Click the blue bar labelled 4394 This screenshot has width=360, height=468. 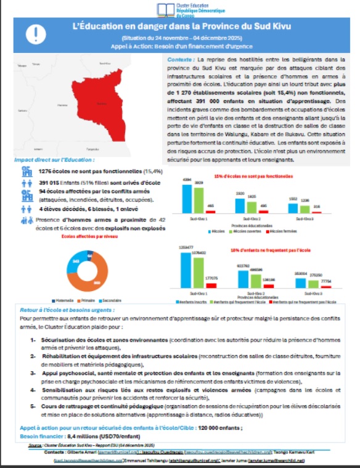coord(186,199)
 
